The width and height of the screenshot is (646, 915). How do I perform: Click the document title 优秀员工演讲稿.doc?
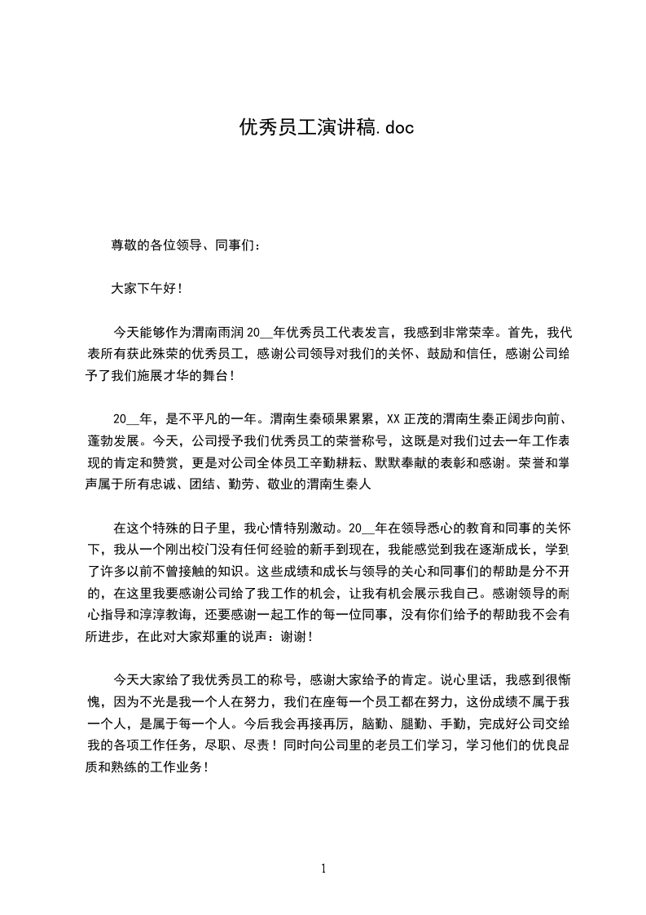(322, 128)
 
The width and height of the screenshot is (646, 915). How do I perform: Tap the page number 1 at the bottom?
(323, 869)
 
